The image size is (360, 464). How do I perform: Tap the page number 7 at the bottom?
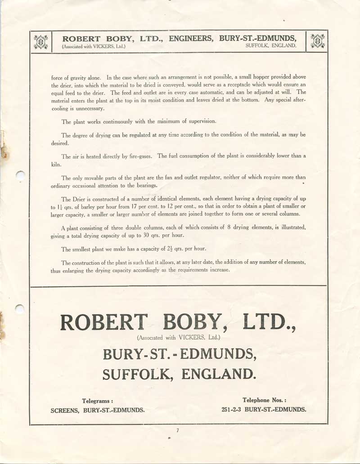[x=178, y=431]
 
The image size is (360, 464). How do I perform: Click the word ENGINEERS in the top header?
[x=191, y=39]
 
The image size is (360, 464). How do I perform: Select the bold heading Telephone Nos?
[x=264, y=400]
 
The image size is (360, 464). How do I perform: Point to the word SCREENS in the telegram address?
[x=66, y=410]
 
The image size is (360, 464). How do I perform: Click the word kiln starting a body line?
[x=56, y=165]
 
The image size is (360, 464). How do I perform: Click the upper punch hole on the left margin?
[x=20, y=175]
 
